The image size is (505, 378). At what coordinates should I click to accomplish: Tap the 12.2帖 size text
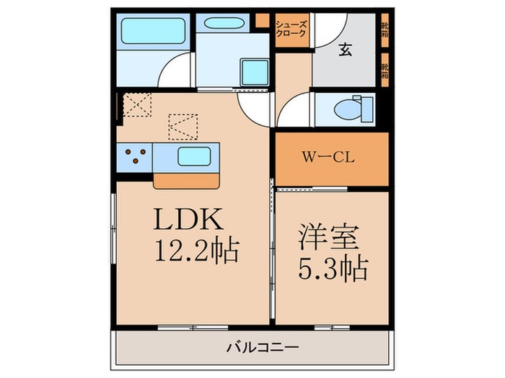[x=196, y=251]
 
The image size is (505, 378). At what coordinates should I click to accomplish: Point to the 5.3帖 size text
[x=333, y=269]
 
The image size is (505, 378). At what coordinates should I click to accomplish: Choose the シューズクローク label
[x=291, y=30]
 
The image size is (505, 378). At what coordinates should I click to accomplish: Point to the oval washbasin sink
[x=222, y=22]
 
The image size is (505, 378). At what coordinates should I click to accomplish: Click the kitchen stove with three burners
[x=134, y=157]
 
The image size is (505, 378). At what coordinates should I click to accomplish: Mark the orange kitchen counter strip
[x=185, y=180]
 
